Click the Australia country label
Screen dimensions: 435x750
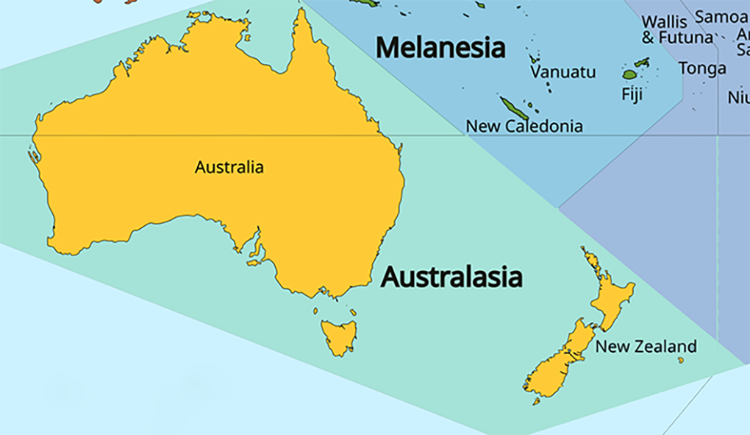(x=229, y=168)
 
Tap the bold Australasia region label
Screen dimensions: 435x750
(x=451, y=277)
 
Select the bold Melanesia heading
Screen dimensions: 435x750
(x=440, y=48)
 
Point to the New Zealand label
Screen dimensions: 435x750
(x=646, y=346)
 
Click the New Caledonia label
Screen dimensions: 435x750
(x=524, y=127)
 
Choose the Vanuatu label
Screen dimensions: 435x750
(x=563, y=72)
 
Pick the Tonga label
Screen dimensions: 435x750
(x=702, y=68)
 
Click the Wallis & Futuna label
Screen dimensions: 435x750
(x=676, y=29)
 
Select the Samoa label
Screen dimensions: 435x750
(x=720, y=16)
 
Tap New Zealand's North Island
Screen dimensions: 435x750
(x=610, y=294)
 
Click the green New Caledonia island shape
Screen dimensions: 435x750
(x=514, y=108)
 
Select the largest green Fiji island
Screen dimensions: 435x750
(x=629, y=74)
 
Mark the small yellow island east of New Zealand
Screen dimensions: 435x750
(x=681, y=360)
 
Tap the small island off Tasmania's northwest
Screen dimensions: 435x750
(x=316, y=311)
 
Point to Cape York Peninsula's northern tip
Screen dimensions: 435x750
(x=301, y=12)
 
